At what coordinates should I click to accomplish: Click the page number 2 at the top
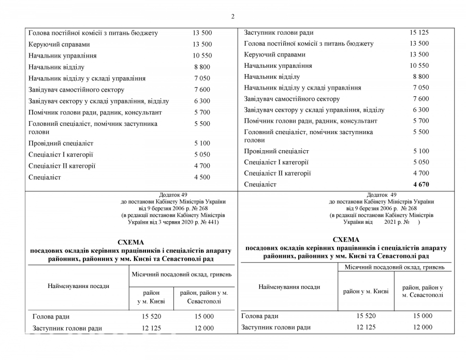point(233,16)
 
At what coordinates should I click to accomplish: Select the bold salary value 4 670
point(421,184)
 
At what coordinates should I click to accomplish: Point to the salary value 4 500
point(202,177)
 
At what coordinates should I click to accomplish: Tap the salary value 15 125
point(419,33)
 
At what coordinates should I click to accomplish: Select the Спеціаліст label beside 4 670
point(260,184)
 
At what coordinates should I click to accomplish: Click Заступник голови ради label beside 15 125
point(279,33)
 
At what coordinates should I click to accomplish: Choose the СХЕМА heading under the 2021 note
point(346,240)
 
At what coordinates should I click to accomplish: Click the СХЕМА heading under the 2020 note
point(130,242)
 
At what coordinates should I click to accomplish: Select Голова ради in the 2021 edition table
point(260,316)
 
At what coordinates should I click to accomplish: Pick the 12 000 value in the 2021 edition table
point(423,327)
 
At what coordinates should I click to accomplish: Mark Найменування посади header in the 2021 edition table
point(289,286)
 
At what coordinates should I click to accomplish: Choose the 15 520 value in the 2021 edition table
point(366,316)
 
